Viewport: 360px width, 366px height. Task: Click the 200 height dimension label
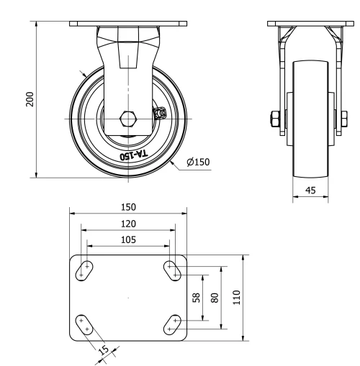pyautogui.click(x=30, y=99)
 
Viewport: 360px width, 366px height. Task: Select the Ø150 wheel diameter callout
pyautogui.click(x=197, y=162)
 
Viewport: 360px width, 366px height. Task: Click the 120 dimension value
pyautogui.click(x=128, y=223)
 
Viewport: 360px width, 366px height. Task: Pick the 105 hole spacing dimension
pyautogui.click(x=128, y=239)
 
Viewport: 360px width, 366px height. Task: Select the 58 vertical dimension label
pyautogui.click(x=197, y=296)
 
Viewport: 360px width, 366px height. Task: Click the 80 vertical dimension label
pyautogui.click(x=214, y=296)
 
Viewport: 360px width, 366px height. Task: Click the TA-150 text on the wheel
pyautogui.click(x=131, y=155)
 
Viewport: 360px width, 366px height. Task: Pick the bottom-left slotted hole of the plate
pyautogui.click(x=85, y=324)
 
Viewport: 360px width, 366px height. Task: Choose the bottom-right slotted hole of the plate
pyautogui.click(x=172, y=324)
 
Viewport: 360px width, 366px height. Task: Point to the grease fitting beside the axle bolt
pyautogui.click(x=160, y=113)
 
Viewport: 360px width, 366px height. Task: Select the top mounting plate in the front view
pyautogui.click(x=129, y=24)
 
